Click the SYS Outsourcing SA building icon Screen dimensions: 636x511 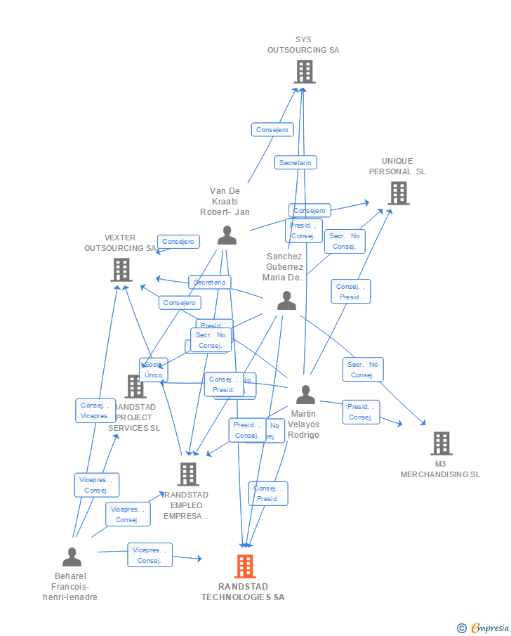point(304,71)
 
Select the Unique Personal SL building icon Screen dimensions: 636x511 point(398,193)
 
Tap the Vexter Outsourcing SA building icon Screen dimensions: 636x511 point(121,269)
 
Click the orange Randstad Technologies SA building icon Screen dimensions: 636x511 point(244,566)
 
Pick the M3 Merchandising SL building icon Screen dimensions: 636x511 point(441,443)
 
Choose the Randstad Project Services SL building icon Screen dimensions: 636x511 point(135,386)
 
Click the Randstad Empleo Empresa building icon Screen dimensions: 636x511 point(187,474)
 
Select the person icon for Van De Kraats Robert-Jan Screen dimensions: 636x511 point(227,235)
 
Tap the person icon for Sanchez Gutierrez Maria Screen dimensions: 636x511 point(286,300)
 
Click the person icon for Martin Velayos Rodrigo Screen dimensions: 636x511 point(305,395)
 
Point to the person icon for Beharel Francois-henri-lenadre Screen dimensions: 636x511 point(72,557)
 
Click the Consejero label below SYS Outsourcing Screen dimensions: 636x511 point(272,129)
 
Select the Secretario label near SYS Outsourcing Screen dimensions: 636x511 point(295,162)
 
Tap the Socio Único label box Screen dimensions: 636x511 point(153,370)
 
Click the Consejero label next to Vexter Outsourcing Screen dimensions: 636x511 point(178,242)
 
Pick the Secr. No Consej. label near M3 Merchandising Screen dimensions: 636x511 point(363,370)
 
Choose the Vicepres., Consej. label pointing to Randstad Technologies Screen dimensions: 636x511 point(150,555)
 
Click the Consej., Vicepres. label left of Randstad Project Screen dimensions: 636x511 point(95,410)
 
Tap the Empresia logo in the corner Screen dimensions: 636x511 point(484,628)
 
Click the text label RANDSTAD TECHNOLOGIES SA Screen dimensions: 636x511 point(243,592)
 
